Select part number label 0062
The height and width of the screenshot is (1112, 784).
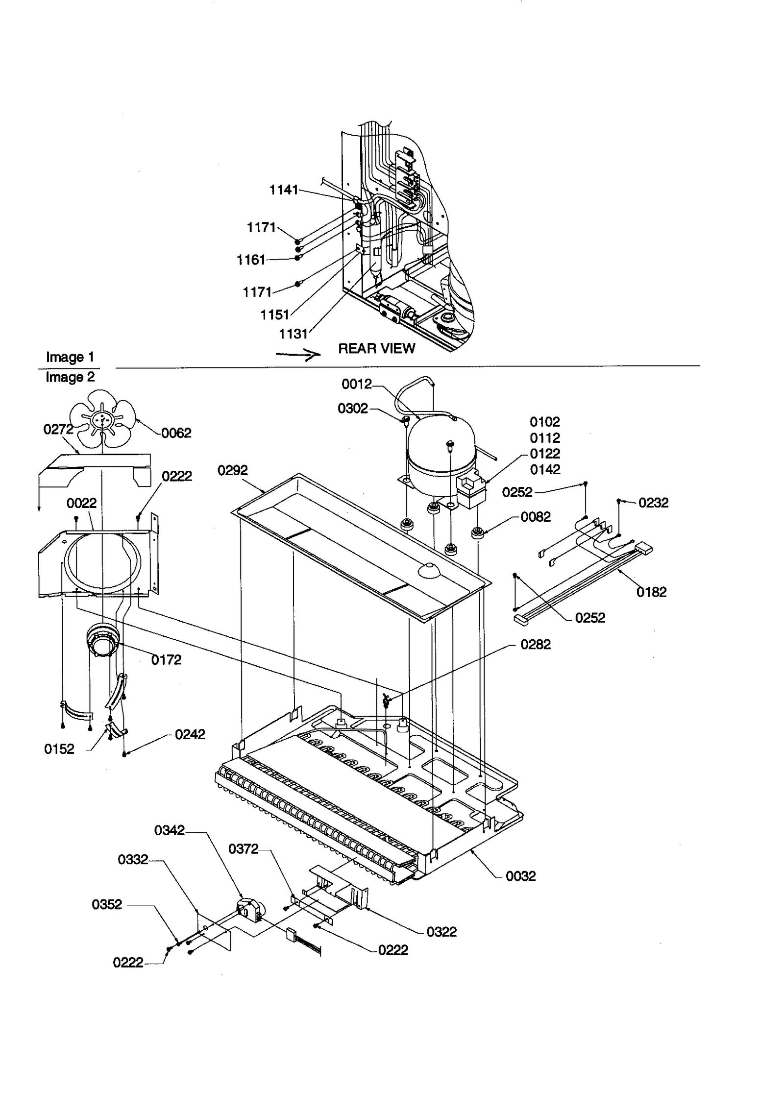click(176, 433)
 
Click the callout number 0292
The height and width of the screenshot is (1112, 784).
click(233, 470)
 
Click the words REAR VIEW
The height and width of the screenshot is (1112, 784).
click(376, 348)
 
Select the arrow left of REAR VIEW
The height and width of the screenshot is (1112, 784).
click(297, 355)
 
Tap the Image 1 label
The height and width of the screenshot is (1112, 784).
click(70, 357)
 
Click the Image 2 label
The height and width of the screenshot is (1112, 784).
click(70, 377)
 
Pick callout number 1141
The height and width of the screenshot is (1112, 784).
click(284, 190)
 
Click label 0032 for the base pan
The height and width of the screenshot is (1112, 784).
click(521, 876)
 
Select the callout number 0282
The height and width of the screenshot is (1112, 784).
click(536, 645)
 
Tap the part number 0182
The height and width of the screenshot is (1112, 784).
click(651, 592)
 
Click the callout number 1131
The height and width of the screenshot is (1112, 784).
click(293, 334)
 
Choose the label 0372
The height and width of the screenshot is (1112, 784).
click(244, 849)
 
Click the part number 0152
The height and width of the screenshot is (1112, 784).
click(59, 749)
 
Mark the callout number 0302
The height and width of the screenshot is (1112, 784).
click(353, 409)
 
